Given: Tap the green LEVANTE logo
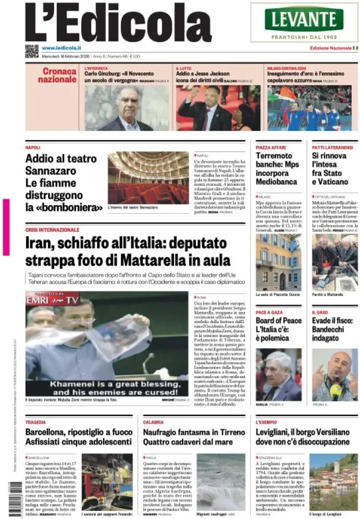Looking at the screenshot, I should [x=304, y=20].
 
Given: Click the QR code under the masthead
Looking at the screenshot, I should [x=32, y=51].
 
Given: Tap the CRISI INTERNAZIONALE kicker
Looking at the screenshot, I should [x=52, y=230].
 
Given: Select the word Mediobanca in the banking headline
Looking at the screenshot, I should [x=277, y=182].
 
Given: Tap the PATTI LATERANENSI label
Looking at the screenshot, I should [x=333, y=148].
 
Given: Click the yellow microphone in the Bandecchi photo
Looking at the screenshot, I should [x=335, y=389].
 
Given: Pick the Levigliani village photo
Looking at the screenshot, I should [x=333, y=481].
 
